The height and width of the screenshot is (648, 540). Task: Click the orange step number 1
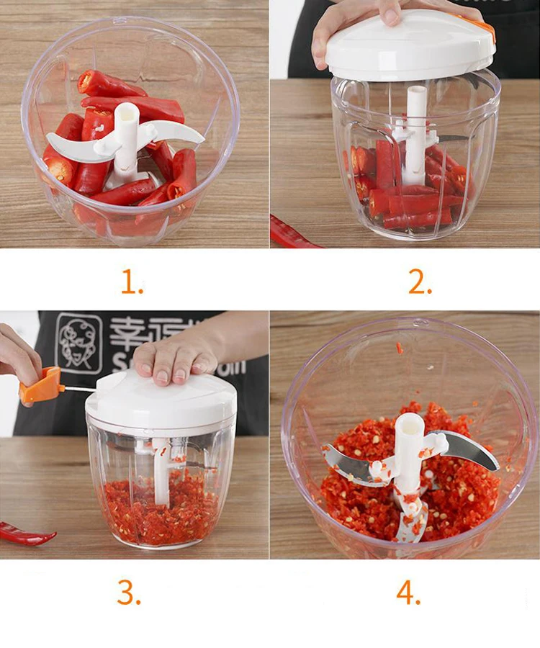point(132,282)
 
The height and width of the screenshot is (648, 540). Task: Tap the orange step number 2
point(420,282)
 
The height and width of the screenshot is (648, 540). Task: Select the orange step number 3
point(129,592)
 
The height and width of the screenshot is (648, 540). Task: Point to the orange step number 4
point(408,592)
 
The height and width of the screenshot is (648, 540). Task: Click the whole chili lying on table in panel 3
point(25,534)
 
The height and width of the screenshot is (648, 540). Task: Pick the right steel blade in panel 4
point(472,449)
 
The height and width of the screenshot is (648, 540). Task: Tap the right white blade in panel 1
point(176,132)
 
